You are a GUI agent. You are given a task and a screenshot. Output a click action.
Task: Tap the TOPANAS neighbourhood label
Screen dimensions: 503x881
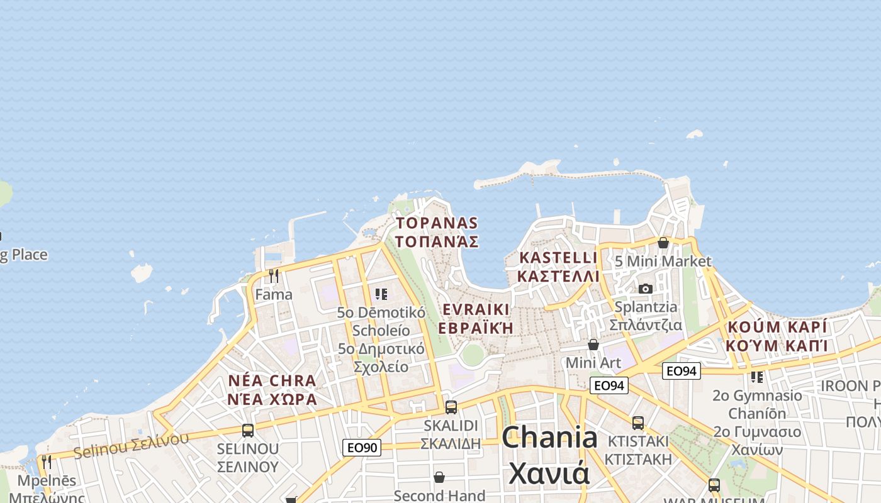[437, 224]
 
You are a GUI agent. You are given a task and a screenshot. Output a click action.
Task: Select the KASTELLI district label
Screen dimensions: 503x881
[558, 258]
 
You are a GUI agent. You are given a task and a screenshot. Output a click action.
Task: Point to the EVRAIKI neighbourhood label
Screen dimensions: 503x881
[476, 309]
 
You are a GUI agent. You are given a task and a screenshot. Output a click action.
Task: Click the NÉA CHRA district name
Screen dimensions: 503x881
[272, 381]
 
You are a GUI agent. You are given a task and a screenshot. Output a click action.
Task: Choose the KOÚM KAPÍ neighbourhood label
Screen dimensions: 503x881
[777, 328]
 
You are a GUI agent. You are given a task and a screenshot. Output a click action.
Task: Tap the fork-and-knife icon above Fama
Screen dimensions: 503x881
[273, 276]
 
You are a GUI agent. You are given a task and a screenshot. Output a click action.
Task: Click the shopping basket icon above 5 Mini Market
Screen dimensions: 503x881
[663, 243]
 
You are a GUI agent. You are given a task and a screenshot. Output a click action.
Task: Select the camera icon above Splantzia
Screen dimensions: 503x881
[645, 289]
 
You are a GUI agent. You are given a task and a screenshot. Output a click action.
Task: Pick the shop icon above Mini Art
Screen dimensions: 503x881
[593, 345]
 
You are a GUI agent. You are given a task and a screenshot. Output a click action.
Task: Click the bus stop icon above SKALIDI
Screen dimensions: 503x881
[451, 407]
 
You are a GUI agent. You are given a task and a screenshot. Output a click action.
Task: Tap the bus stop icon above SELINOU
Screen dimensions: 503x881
[248, 431]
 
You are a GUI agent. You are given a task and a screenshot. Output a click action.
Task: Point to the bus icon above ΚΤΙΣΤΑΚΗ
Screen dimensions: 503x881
[638, 423]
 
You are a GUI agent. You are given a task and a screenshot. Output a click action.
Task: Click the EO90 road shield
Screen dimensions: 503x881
[362, 448]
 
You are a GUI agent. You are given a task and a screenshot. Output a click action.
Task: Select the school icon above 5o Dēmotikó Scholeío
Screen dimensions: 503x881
[380, 294]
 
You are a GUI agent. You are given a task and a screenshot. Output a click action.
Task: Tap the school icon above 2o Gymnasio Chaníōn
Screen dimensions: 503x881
[757, 377]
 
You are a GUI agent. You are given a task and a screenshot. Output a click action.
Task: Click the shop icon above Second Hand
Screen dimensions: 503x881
[439, 478]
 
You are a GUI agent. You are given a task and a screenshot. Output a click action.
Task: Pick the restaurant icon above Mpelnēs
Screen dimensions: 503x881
[47, 462]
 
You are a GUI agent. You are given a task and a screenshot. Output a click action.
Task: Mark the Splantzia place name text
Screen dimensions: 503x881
[646, 307]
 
